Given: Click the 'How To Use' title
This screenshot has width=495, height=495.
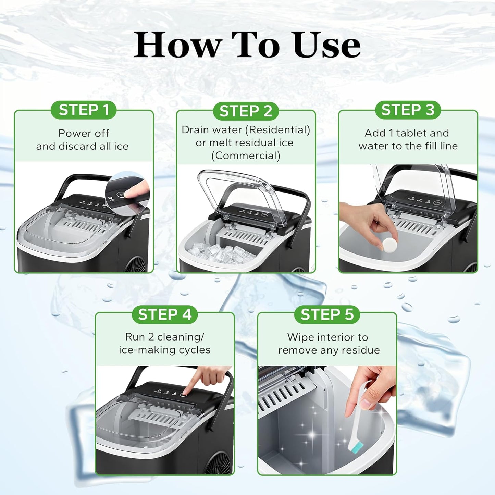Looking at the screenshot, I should point(247,45).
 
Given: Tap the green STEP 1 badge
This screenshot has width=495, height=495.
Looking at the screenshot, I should point(84,110).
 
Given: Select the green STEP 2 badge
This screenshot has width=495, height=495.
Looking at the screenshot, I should point(246,111).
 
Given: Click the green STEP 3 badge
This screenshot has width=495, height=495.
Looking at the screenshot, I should point(408,110).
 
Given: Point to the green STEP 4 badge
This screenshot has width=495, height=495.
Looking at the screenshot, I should point(164,314).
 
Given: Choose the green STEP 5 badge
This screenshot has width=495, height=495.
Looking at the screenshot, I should point(327,314).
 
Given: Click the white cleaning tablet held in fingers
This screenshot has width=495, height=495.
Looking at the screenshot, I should point(389,244).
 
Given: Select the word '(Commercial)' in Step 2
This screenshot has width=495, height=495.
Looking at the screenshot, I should point(246,156).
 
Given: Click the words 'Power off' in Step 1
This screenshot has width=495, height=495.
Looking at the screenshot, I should point(84,133).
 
